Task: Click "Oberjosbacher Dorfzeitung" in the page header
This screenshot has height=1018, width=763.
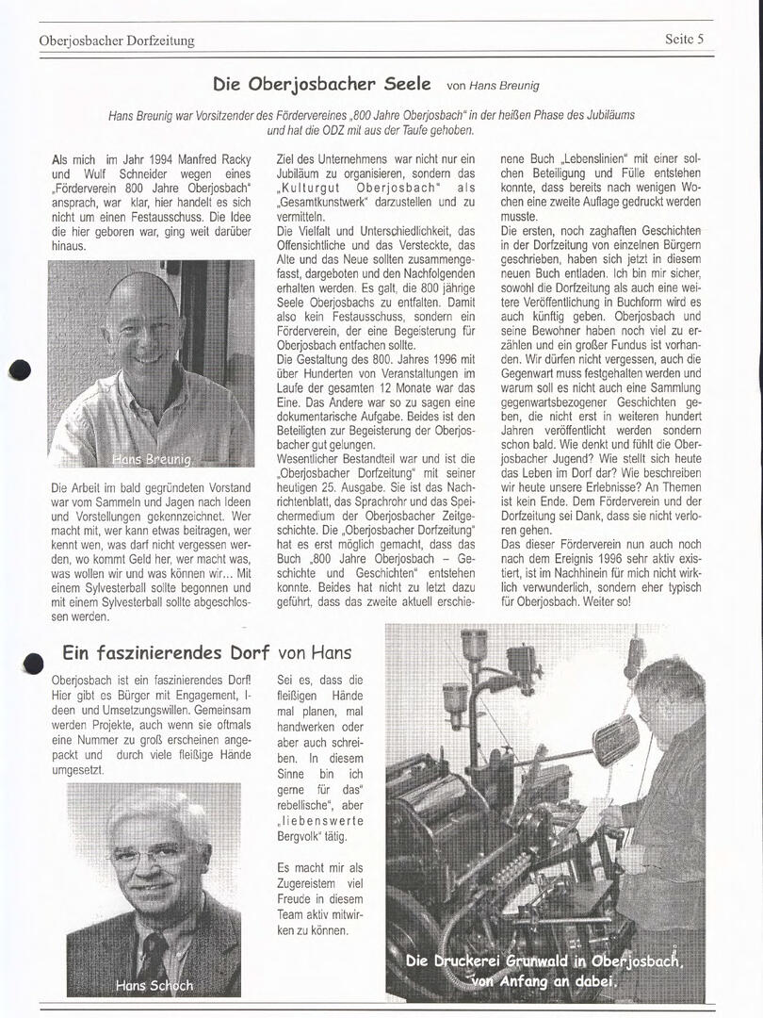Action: pos(117,41)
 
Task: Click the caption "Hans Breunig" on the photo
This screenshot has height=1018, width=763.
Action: pos(152,459)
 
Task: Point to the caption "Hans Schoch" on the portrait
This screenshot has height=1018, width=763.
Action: pos(154,985)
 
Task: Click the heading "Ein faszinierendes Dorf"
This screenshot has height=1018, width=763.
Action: pos(166,652)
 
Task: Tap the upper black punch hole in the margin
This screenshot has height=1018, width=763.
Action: pos(20,370)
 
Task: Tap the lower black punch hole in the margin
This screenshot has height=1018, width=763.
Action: pos(33,664)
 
